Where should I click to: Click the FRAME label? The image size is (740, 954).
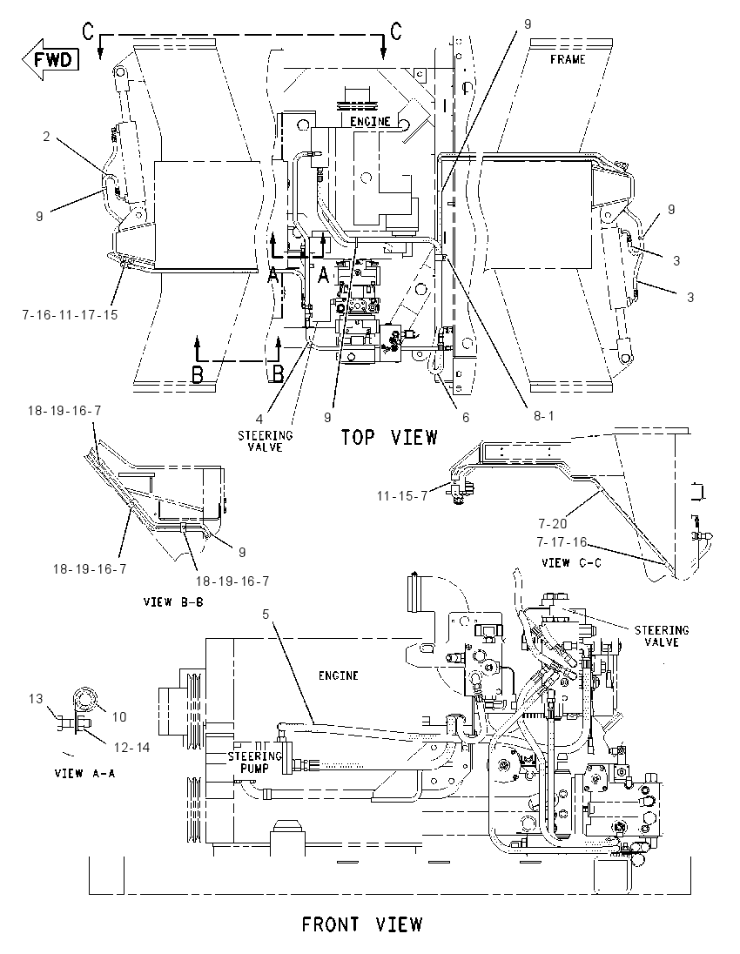tap(567, 59)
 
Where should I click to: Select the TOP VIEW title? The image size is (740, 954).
tap(389, 437)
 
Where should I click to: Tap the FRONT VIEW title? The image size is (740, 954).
tap(363, 924)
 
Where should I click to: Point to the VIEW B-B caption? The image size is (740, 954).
tap(173, 601)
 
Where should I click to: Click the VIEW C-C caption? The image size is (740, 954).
tap(571, 563)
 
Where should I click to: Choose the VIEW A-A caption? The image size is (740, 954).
tap(84, 773)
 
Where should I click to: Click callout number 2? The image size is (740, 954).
tap(46, 137)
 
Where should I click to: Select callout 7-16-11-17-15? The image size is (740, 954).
tap(70, 314)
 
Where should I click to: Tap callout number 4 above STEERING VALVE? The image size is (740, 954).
tap(259, 419)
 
